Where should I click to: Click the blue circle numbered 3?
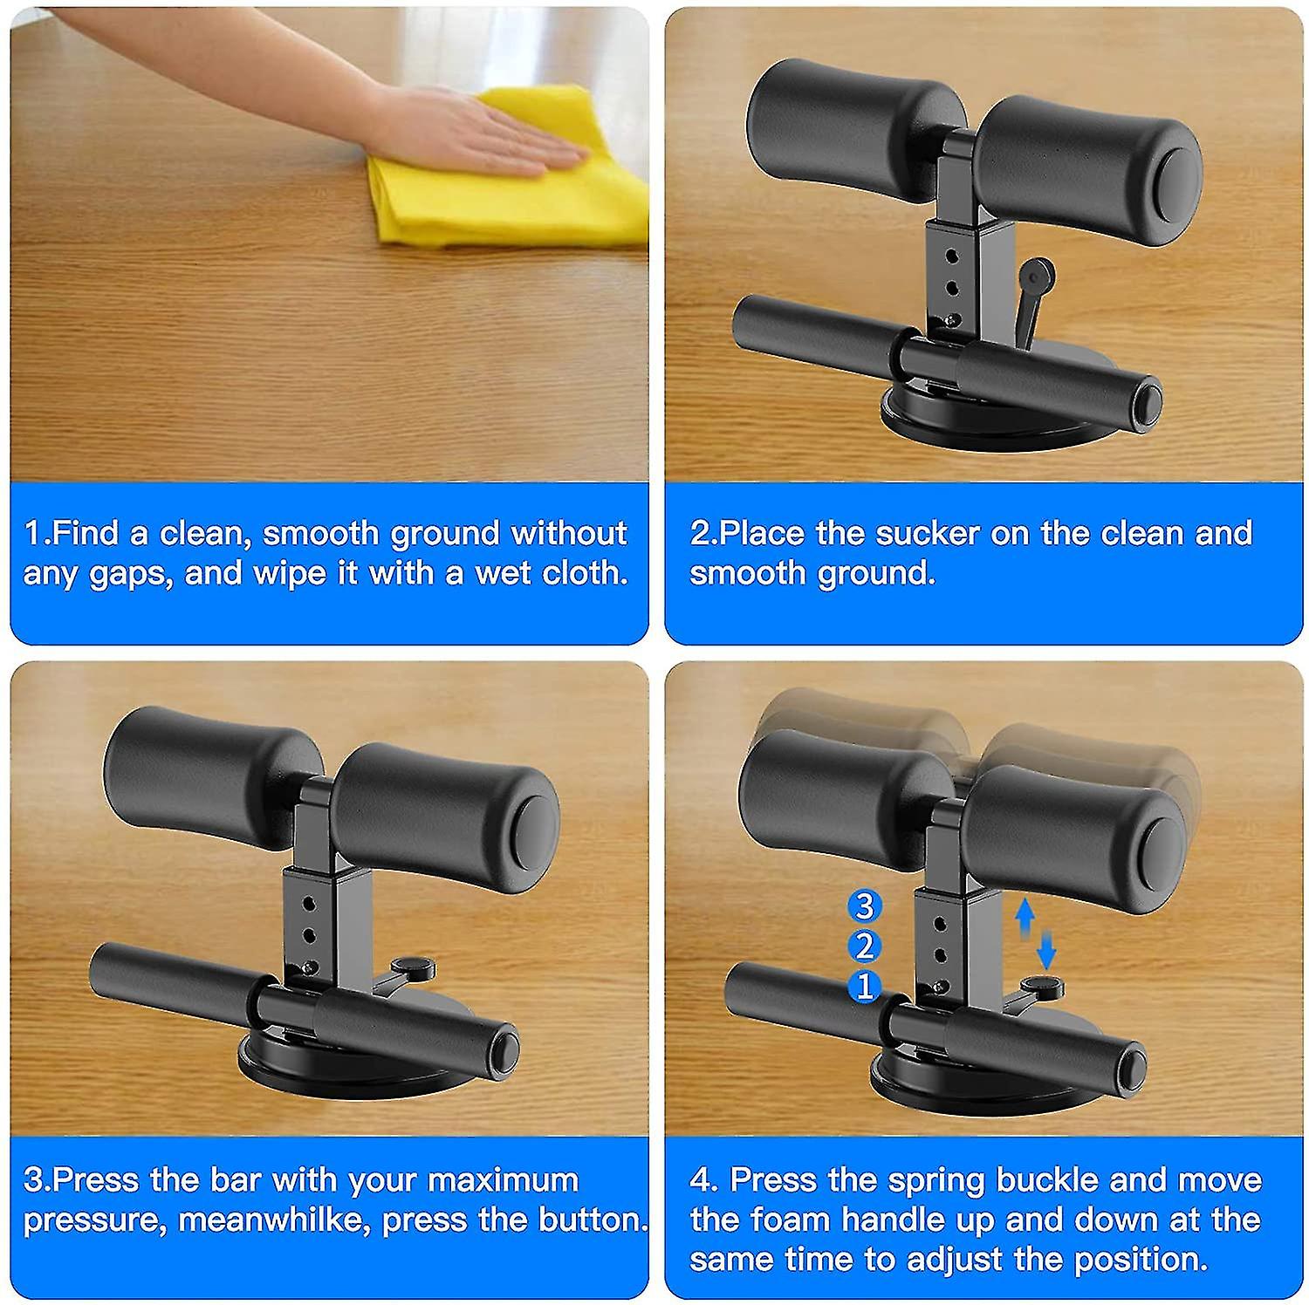(864, 906)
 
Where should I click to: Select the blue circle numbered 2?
(864, 946)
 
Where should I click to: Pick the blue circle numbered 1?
(864, 987)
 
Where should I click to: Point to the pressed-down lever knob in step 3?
(413, 967)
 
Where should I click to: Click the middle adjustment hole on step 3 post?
(308, 935)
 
